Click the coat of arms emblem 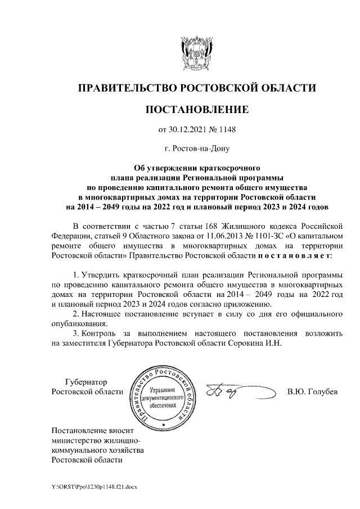[x=196, y=53]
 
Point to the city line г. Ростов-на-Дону [x=196, y=149]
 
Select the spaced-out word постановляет [x=295, y=255]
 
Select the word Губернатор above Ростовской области [x=85, y=382]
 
